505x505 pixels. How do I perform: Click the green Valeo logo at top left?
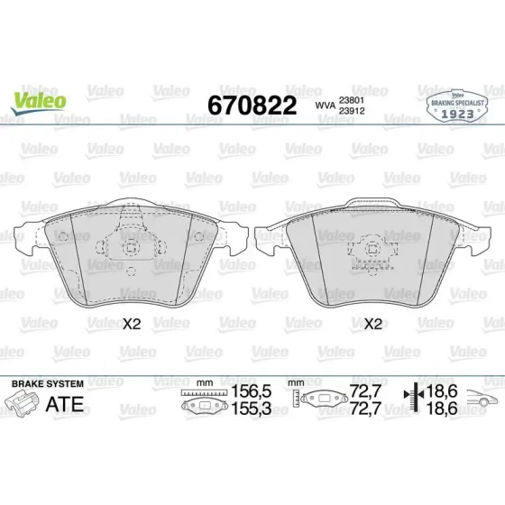tap(38, 103)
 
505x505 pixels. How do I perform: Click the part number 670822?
tap(252, 106)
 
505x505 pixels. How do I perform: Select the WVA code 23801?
tap(352, 100)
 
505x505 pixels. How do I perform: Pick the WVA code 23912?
tap(352, 111)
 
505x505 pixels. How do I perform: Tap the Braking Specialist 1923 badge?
tap(457, 106)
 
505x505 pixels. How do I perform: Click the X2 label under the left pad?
tap(132, 324)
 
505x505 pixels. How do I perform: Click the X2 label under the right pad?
tap(372, 324)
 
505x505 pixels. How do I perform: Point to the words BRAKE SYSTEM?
tap(48, 384)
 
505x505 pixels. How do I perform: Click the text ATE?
tap(65, 404)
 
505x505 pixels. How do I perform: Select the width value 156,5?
tap(252, 391)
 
